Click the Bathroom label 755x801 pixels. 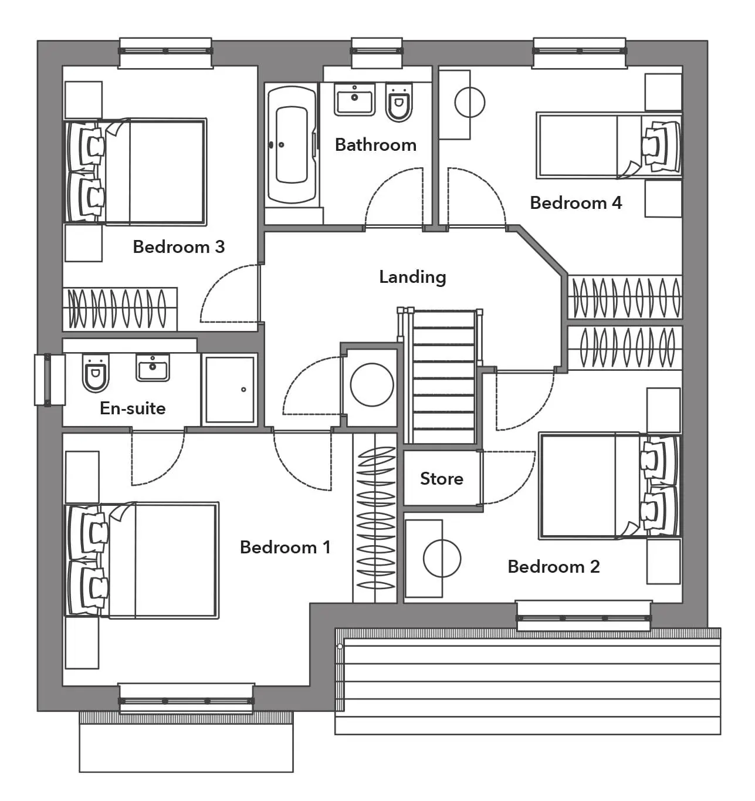point(375,145)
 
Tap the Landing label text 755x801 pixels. point(412,277)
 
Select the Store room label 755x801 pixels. point(442,479)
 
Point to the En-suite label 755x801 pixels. point(133,408)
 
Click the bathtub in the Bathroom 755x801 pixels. point(291,145)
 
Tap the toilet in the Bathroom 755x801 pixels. point(399,102)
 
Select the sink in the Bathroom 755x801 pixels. point(354,99)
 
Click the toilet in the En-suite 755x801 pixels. point(96,373)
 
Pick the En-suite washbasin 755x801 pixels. point(153,367)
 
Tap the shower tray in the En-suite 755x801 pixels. point(229,390)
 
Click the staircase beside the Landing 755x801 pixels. point(442,377)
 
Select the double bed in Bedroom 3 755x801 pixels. point(136,172)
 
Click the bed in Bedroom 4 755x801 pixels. point(609,146)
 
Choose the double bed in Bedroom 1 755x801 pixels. point(141,560)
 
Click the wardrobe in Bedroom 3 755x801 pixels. point(120,309)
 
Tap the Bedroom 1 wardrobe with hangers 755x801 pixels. point(375,518)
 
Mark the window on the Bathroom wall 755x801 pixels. point(377,53)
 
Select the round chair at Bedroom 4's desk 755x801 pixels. point(469,103)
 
